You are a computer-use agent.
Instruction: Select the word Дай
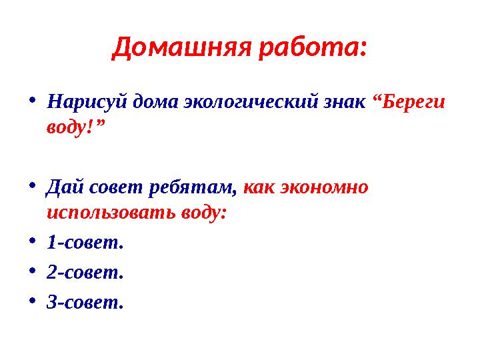coord(62,188)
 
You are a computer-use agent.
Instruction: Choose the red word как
coord(260,188)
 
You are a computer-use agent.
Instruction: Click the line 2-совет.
coord(85,273)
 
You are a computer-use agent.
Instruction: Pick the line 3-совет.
coord(85,303)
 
